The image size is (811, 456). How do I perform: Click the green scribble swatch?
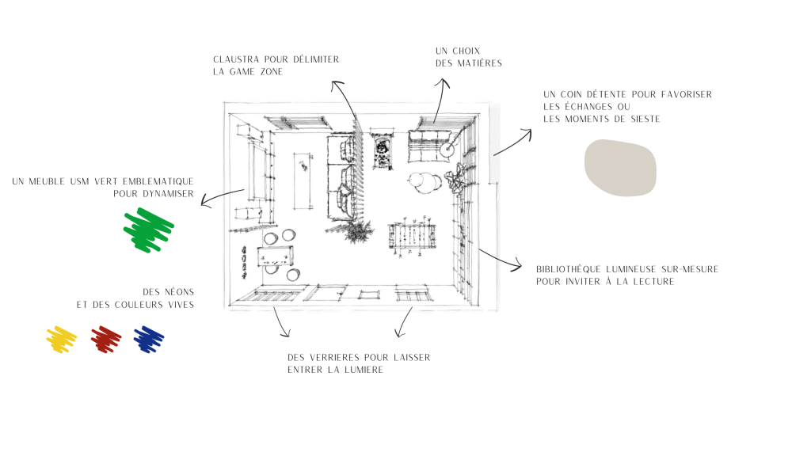(x=148, y=230)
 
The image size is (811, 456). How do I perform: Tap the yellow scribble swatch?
(x=62, y=340)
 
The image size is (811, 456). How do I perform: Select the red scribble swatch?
(x=106, y=340)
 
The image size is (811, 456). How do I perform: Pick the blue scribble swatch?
(x=149, y=340)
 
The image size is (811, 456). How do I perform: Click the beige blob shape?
(x=620, y=168)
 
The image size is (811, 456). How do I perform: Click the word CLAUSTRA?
(x=236, y=59)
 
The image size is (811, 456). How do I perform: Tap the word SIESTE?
(x=645, y=119)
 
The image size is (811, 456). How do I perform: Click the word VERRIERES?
(x=334, y=357)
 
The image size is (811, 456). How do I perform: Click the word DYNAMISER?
(x=169, y=194)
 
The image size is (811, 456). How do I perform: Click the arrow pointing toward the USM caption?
(x=222, y=196)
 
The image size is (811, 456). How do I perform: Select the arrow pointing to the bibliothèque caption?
(x=500, y=259)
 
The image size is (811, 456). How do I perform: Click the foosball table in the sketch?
(x=412, y=237)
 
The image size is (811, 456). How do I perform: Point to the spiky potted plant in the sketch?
(x=357, y=231)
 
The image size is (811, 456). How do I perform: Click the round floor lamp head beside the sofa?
(x=447, y=150)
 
